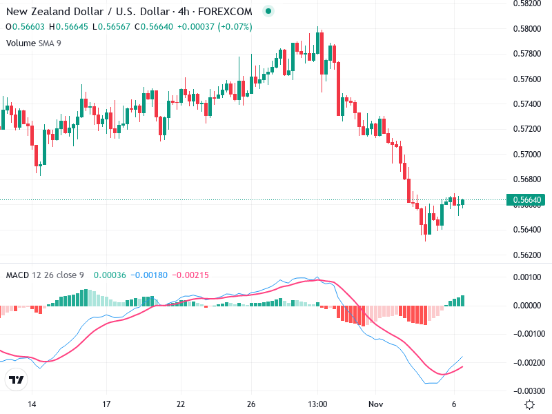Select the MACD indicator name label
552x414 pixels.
tap(17, 275)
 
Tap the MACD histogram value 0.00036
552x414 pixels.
tap(110, 275)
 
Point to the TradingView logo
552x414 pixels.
tap(16, 379)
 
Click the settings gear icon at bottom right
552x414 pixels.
tap(529, 404)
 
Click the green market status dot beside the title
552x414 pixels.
tap(268, 12)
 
